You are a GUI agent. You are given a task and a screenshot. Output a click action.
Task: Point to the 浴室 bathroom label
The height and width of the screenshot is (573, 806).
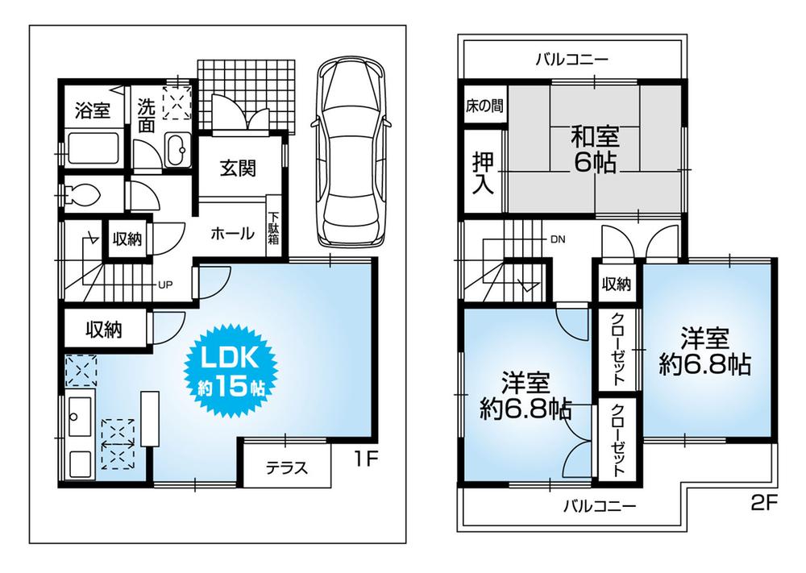pyautogui.click(x=92, y=110)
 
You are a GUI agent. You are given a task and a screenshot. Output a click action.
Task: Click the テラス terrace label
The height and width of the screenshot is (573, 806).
pyautogui.click(x=287, y=470)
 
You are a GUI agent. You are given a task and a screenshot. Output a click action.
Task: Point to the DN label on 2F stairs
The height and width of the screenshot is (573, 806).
pyautogui.click(x=558, y=239)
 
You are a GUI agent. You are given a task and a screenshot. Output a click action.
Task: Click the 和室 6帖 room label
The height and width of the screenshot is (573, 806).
pyautogui.click(x=594, y=148)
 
